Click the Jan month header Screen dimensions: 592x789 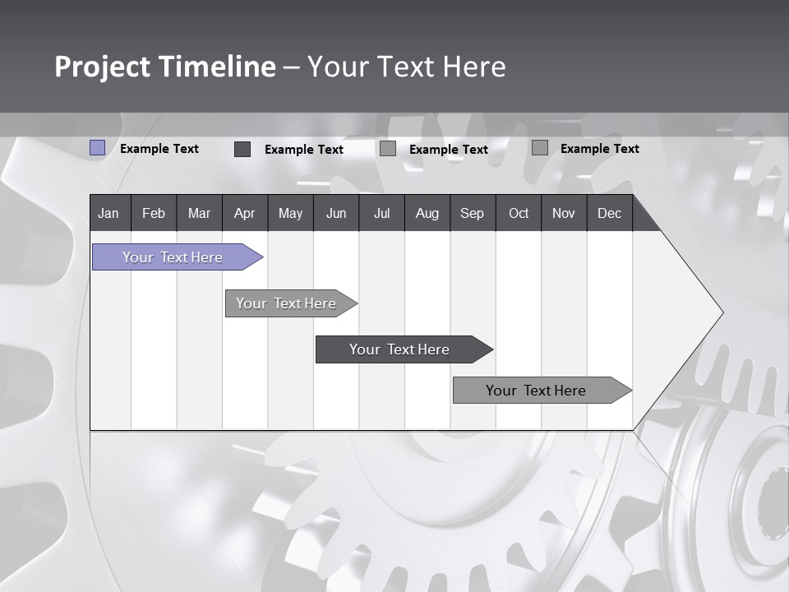coord(109,213)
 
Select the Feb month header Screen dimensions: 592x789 coord(154,213)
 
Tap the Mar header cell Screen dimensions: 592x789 coord(199,213)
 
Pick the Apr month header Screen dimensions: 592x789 coord(245,213)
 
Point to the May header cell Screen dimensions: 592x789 coord(290,213)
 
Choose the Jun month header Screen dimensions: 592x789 coord(336,213)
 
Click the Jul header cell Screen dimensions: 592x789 coord(381,213)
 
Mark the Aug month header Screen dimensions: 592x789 coord(427,213)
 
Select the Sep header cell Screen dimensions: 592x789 coord(473,213)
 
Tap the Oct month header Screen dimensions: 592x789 coord(519,213)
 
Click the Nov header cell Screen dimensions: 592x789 coord(564,213)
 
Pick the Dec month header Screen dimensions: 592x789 coord(610,213)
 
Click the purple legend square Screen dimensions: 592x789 coord(98,148)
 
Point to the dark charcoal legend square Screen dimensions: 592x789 coord(242,149)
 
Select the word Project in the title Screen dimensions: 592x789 coord(103,67)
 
